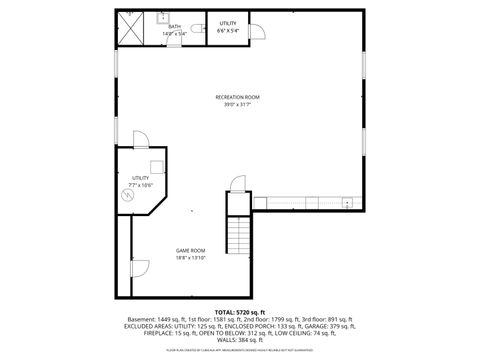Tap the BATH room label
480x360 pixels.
pyautogui.click(x=175, y=27)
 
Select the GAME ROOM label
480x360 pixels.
pyautogui.click(x=191, y=250)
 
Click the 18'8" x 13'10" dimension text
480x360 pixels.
pyautogui.click(x=191, y=258)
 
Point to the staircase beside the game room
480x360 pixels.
pyautogui.click(x=239, y=236)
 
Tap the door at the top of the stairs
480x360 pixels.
pyautogui.click(x=239, y=185)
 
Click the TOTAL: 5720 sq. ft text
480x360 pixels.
pyautogui.click(x=239, y=312)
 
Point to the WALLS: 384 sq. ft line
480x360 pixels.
pyautogui.click(x=239, y=338)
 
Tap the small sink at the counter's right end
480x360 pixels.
pyautogui.click(x=346, y=203)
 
